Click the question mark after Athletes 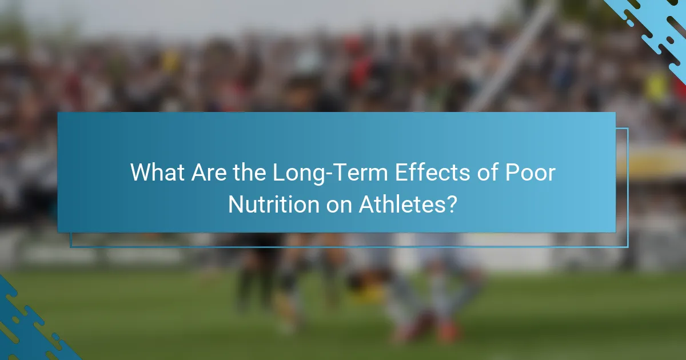[452, 205]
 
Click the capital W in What [139, 173]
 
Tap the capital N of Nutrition [234, 205]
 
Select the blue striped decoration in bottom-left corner [29, 329]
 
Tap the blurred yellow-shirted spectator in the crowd [657, 86]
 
